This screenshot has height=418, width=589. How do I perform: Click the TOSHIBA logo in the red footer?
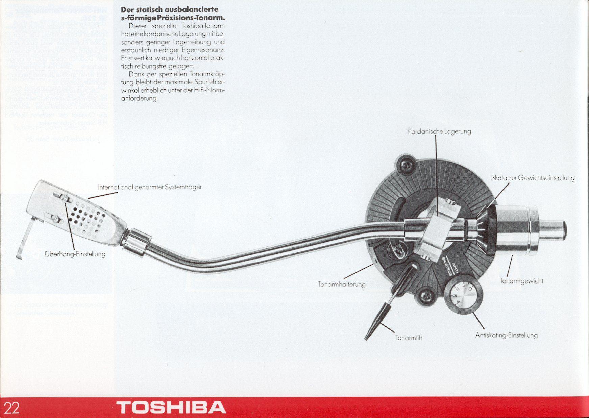pyautogui.click(x=171, y=408)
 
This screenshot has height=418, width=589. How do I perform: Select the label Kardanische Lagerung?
pyautogui.click(x=439, y=131)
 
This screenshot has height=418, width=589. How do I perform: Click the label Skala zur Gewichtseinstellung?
pyautogui.click(x=533, y=178)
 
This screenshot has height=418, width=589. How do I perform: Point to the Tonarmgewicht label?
pyautogui.click(x=521, y=281)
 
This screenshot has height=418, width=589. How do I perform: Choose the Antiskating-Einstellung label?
pyautogui.click(x=506, y=335)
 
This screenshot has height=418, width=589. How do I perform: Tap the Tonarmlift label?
pyautogui.click(x=409, y=338)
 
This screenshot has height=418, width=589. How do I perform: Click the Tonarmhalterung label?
pyautogui.click(x=342, y=284)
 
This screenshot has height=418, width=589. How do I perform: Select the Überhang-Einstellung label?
pyautogui.click(x=75, y=254)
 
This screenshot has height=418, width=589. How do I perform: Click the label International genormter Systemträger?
pyautogui.click(x=150, y=187)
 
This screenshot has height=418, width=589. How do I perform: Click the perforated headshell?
pyautogui.click(x=84, y=216)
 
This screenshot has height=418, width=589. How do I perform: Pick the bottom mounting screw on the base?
pyautogui.click(x=426, y=297)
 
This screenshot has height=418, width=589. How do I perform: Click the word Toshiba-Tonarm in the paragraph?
pyautogui.click(x=203, y=26)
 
